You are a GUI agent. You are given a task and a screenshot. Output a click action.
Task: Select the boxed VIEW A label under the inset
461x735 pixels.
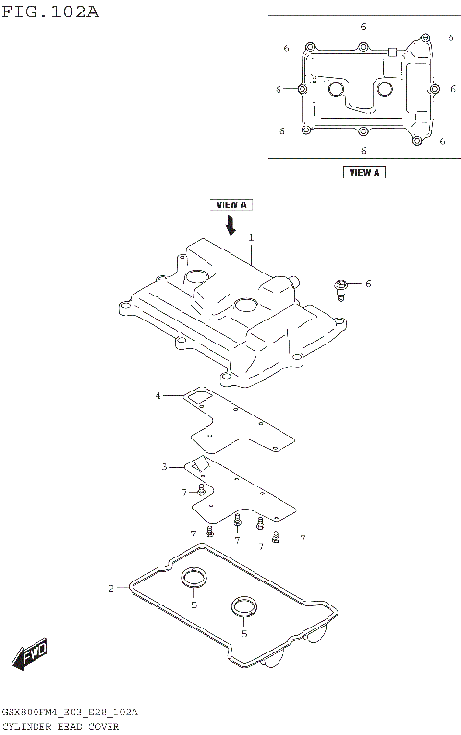point(363,172)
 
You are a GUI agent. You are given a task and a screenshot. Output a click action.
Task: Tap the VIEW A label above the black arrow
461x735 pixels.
point(230,204)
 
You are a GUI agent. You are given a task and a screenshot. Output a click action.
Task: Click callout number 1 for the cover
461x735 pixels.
point(251,237)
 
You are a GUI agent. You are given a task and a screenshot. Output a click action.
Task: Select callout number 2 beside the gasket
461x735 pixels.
point(110,587)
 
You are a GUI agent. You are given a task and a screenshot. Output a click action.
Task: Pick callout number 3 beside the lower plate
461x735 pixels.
point(164,466)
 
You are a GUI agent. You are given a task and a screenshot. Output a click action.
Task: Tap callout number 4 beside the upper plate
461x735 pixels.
point(158,394)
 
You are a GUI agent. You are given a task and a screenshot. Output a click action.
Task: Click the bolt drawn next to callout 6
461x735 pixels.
point(341,287)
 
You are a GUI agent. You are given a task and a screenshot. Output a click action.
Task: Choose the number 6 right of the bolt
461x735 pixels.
point(367,283)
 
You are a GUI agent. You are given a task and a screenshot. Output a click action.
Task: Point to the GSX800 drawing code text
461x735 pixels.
point(70,713)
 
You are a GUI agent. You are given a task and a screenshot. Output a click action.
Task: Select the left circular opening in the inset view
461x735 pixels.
point(336,90)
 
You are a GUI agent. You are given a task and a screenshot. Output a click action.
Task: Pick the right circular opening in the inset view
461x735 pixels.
point(386,89)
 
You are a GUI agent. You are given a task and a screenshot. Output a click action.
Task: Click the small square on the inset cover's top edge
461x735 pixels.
point(392,50)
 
